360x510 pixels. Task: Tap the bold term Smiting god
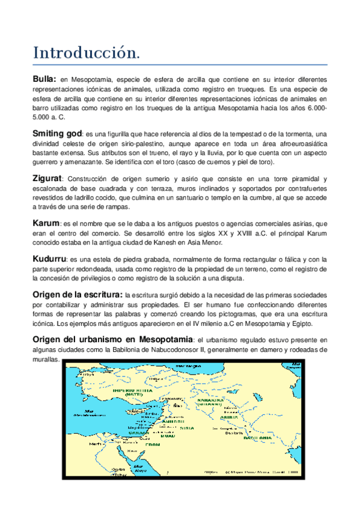57,132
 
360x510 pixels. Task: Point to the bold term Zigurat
47,178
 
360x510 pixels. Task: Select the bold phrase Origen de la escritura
76,294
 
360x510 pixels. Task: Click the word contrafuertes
304,188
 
